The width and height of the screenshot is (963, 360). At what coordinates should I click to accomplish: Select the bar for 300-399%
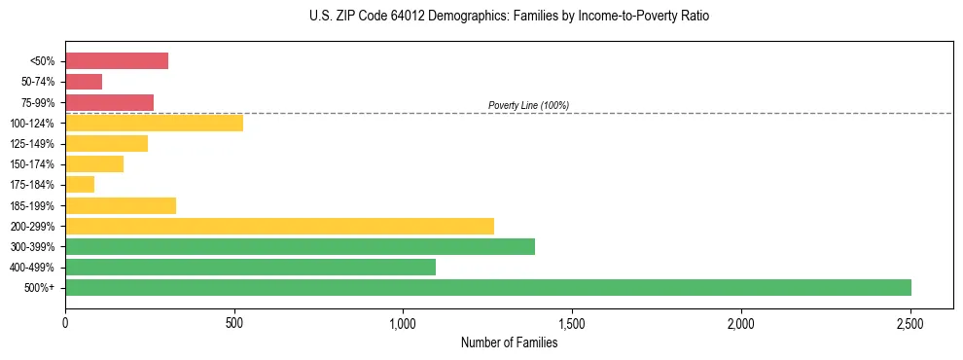tap(300, 246)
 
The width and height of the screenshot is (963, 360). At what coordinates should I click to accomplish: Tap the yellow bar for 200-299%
tap(279, 226)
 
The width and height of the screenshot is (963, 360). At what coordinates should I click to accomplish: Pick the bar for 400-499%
tap(250, 267)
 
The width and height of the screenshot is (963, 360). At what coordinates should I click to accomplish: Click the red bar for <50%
tap(117, 61)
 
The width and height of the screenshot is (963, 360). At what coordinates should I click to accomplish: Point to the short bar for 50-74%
tap(84, 82)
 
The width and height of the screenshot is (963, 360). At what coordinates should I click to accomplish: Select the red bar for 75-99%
tap(109, 102)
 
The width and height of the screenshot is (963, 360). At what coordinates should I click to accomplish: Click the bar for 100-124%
tap(154, 123)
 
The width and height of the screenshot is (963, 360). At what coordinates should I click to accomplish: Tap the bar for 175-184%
tap(80, 184)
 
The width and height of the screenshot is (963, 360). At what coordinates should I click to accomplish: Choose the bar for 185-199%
tap(121, 205)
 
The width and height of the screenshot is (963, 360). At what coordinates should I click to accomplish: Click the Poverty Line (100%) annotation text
tap(528, 105)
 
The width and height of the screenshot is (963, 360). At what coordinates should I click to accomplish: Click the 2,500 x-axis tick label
tap(909, 322)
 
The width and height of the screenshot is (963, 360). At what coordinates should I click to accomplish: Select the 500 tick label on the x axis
tap(234, 322)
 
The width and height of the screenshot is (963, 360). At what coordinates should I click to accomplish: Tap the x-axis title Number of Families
tap(509, 342)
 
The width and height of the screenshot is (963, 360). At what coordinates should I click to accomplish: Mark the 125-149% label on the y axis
tap(33, 144)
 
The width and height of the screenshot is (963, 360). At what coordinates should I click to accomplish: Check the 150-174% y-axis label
tap(33, 164)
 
